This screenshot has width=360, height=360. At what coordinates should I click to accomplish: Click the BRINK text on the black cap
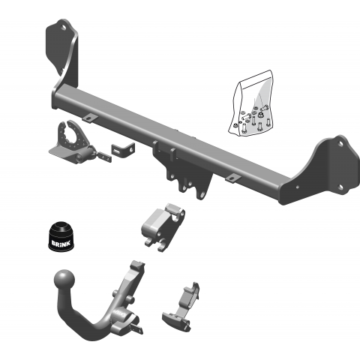tap(61, 243)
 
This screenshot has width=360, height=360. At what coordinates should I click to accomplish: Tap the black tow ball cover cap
tap(61, 235)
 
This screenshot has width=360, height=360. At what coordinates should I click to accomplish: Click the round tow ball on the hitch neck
tap(64, 280)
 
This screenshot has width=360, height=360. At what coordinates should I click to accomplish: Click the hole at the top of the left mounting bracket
tap(64, 27)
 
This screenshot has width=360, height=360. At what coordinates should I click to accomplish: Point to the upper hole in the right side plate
tap(340, 144)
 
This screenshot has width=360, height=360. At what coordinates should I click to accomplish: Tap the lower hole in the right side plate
tap(340, 187)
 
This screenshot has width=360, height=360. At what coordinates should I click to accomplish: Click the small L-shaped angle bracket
tap(123, 150)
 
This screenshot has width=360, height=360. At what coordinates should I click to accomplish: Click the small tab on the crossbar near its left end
tap(90, 118)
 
